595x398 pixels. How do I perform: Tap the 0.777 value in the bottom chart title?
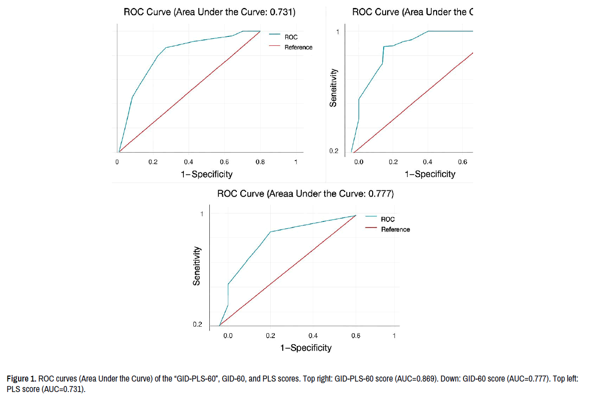point(381,194)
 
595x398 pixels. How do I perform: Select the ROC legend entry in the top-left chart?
point(291,37)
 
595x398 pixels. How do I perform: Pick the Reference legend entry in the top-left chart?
point(298,47)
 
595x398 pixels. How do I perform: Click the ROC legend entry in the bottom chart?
point(388,219)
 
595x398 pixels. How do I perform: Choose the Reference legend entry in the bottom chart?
point(395,229)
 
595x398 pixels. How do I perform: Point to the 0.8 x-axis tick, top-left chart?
point(260,162)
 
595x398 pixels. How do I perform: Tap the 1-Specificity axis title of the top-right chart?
point(430,174)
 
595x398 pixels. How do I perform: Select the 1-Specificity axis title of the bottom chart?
point(306,348)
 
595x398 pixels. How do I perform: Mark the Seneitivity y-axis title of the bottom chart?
point(197,265)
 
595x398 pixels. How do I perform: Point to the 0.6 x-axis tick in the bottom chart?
point(355,336)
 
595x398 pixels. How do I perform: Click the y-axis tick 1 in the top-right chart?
point(338,32)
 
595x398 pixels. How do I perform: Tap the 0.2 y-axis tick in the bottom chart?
point(197,325)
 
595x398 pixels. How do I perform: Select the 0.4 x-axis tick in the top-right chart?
point(428,162)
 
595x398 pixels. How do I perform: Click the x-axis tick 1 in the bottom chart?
point(394,336)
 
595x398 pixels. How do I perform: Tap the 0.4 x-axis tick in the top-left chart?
point(188,162)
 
